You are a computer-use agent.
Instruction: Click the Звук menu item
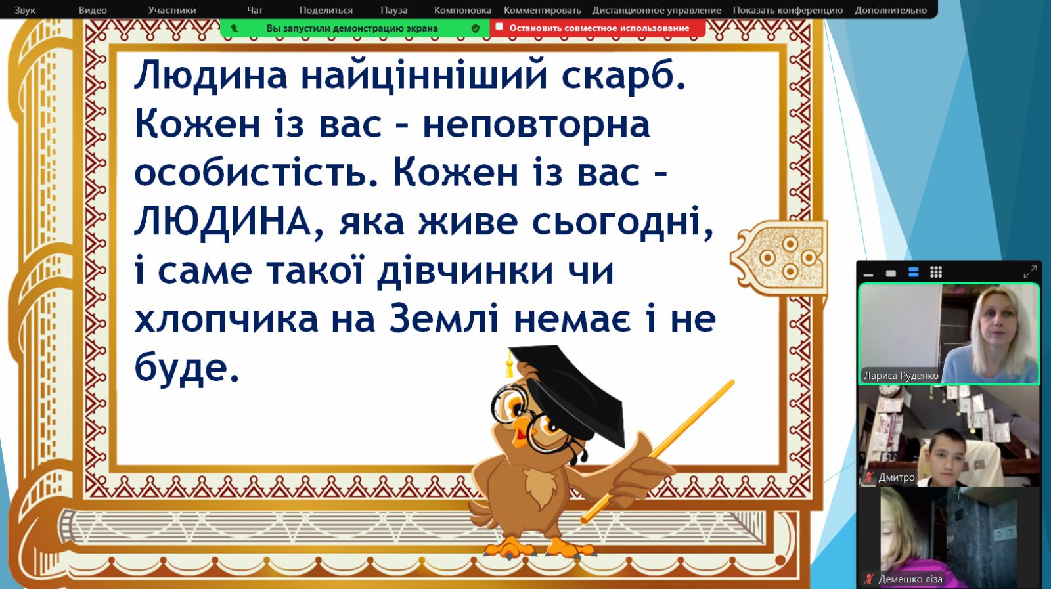coord(25,10)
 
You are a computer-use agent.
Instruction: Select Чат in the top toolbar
coord(255,10)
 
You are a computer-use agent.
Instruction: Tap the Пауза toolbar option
coord(393,10)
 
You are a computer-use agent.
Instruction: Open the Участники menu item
coord(171,10)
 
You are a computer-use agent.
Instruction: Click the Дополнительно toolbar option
coord(891,11)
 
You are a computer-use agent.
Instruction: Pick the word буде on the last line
coord(187,368)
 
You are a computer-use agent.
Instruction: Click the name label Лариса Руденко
coord(901,376)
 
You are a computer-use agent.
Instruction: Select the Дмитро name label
coord(896,477)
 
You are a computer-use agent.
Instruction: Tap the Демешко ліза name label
coord(910,579)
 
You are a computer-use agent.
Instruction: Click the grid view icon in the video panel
coord(936,272)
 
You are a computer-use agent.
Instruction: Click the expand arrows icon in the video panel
coord(1030,272)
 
